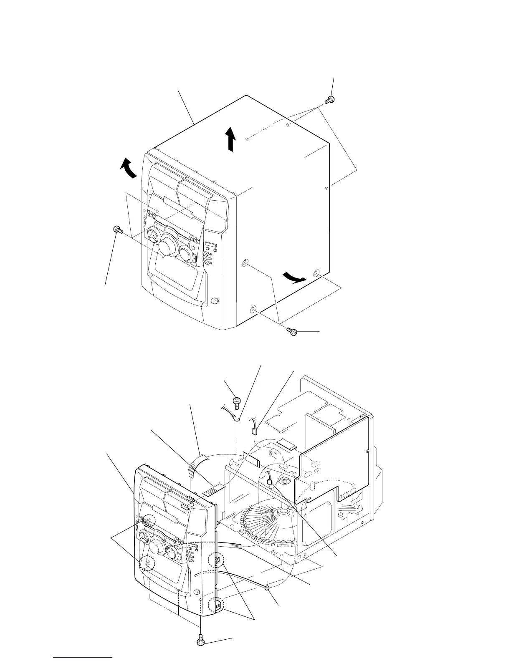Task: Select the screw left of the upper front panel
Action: (x=117, y=229)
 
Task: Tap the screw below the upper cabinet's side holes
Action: (x=292, y=331)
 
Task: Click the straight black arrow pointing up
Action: (x=230, y=139)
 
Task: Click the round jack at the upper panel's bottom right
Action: (x=215, y=300)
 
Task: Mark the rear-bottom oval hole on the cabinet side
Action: (x=317, y=274)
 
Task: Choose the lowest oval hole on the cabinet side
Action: (x=253, y=310)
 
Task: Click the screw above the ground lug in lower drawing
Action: (x=237, y=402)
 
